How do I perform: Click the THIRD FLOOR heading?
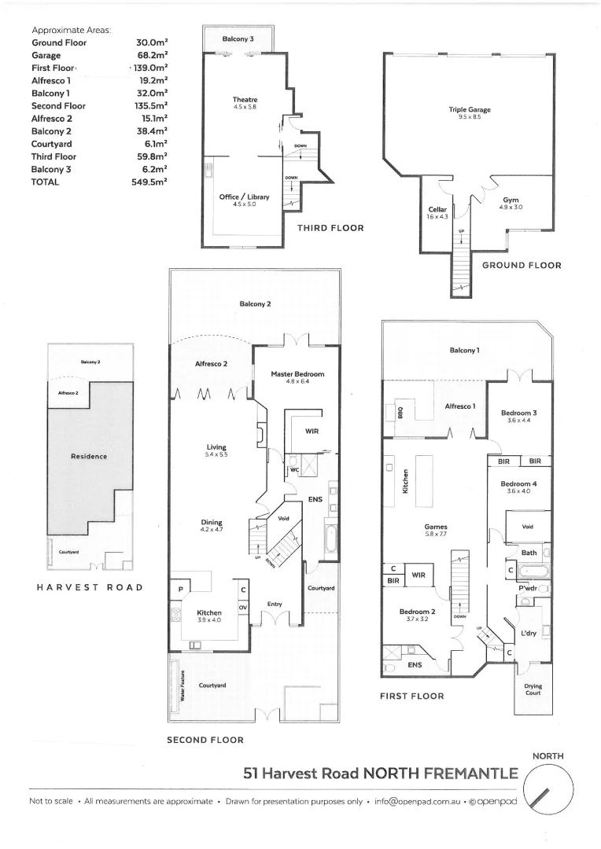click(330, 228)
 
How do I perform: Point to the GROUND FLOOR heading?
click(522, 266)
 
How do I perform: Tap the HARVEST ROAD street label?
click(90, 587)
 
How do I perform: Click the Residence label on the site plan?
click(89, 456)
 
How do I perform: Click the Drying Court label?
click(533, 689)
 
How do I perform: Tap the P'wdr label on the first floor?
click(527, 588)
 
